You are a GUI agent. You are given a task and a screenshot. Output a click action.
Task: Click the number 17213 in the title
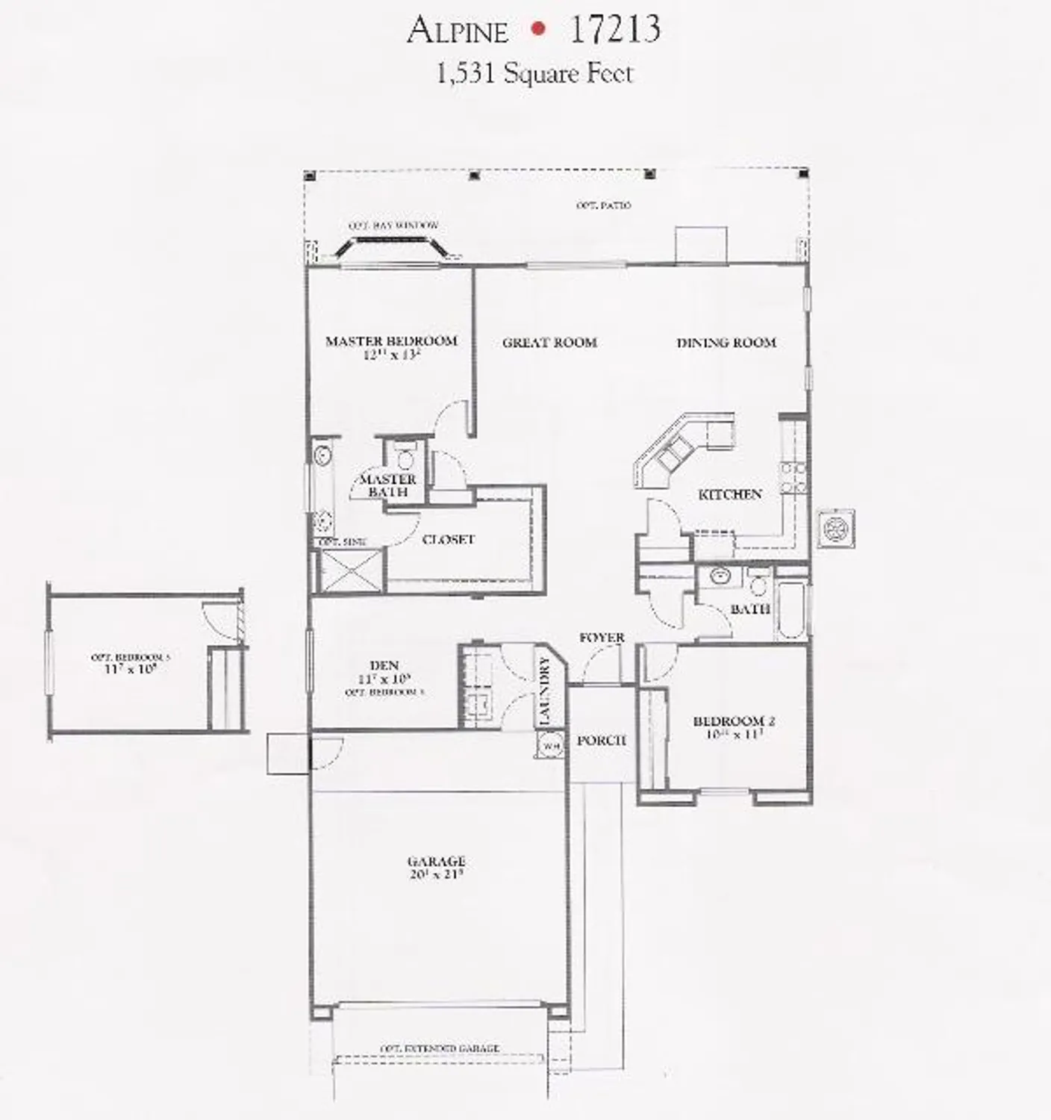coord(614,30)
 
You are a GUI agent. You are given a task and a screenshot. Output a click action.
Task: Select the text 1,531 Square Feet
coord(534,73)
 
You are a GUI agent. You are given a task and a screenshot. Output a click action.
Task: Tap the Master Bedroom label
coord(391,342)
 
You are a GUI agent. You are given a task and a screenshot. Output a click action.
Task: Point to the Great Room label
coord(549,343)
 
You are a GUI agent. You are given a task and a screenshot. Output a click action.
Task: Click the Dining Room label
coord(726,343)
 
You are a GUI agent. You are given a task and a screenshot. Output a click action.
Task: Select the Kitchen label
coord(730,494)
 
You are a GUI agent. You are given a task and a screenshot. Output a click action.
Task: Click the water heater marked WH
coord(551,744)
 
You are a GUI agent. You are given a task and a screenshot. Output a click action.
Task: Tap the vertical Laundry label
coord(544,691)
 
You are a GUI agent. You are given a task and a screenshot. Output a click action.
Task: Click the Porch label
coord(602,741)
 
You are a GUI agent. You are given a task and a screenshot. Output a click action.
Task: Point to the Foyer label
coord(602,638)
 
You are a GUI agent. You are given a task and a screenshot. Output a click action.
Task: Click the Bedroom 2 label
coord(734,721)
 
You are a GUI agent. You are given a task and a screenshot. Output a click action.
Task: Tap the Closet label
coord(449,539)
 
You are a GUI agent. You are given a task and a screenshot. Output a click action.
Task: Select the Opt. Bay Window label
coord(393,225)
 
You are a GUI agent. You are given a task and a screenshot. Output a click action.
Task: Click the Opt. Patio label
coord(603,205)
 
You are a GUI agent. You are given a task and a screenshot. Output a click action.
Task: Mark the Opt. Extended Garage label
coord(440,1048)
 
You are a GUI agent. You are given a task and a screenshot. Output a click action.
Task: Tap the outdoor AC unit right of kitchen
coord(835,529)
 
